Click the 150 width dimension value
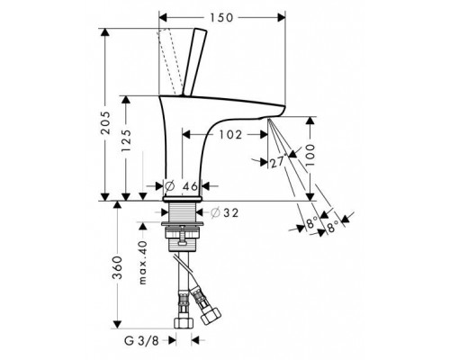[x=220, y=18]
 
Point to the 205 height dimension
[x=105, y=122]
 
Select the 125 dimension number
[x=126, y=140]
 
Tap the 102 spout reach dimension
[x=230, y=135]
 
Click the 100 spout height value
[x=310, y=155]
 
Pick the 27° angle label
[x=277, y=162]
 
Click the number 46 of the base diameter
[x=191, y=186]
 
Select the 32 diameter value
[x=230, y=212]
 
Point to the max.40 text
[x=143, y=262]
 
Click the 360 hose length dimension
[x=117, y=267]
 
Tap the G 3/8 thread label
[x=141, y=341]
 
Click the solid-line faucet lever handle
[x=194, y=61]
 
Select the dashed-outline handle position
[x=170, y=61]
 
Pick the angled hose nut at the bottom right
[x=211, y=315]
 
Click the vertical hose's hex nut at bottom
[x=184, y=323]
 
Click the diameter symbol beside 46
[x=169, y=186]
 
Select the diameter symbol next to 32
[x=215, y=212]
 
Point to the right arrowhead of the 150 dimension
[x=282, y=18]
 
